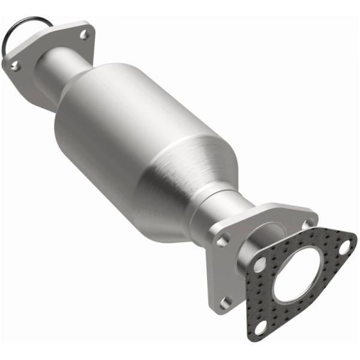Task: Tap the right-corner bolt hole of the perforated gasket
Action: coord(344,246)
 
